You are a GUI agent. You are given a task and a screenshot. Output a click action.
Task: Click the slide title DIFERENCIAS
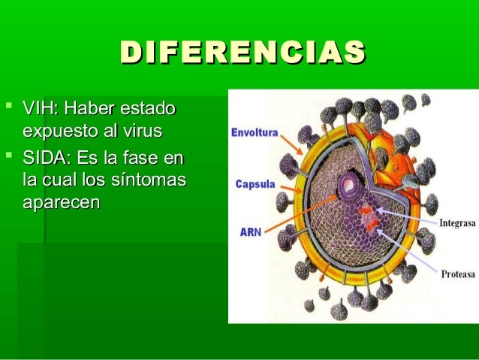242,53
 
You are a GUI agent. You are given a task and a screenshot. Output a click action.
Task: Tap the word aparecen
61,203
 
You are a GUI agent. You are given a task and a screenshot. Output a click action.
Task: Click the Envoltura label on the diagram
255,133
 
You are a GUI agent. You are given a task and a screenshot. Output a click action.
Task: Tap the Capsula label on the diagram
255,183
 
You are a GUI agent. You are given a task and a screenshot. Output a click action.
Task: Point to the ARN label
251,232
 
